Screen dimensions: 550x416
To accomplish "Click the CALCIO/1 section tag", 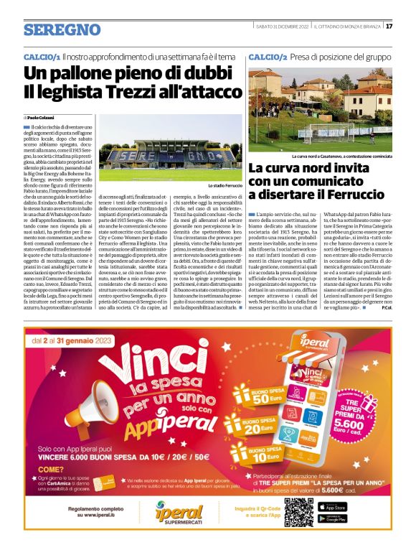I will click(x=42, y=55).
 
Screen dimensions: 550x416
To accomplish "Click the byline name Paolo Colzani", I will click(x=42, y=116).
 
